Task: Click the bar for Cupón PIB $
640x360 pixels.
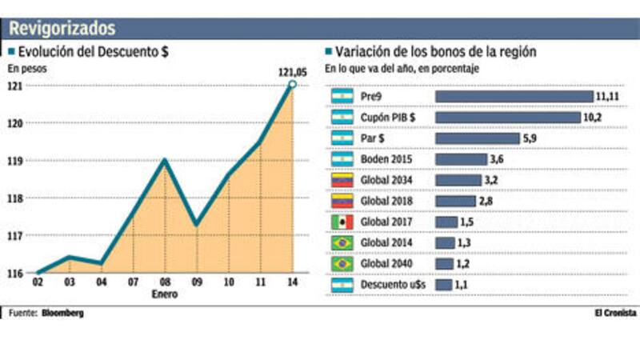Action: [x=507, y=118]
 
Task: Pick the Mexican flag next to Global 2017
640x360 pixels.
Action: [x=342, y=222]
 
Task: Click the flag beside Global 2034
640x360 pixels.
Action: [x=342, y=180]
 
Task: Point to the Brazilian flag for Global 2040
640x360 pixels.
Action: [x=342, y=263]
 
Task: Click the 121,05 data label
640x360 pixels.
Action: [x=293, y=71]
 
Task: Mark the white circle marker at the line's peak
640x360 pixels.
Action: [x=292, y=84]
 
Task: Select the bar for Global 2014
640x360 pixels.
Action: [x=445, y=242]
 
